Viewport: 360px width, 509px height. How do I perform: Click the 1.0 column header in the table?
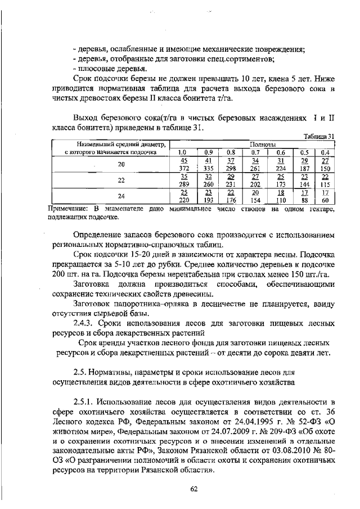click(x=182, y=152)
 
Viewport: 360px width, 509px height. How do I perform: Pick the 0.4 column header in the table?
click(x=325, y=152)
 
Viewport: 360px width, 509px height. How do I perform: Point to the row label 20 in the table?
click(x=121, y=164)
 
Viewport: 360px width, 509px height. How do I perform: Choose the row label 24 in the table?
click(x=121, y=196)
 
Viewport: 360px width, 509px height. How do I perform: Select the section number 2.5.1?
click(x=84, y=401)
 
